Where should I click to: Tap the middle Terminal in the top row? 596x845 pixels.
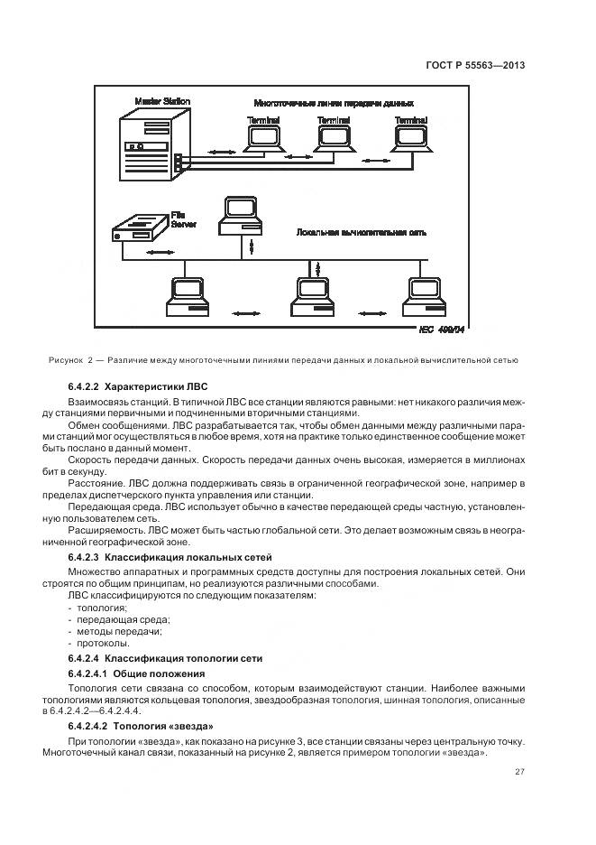tap(333, 136)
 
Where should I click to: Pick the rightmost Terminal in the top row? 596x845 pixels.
tap(410, 136)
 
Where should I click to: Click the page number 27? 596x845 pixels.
tap(519, 770)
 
